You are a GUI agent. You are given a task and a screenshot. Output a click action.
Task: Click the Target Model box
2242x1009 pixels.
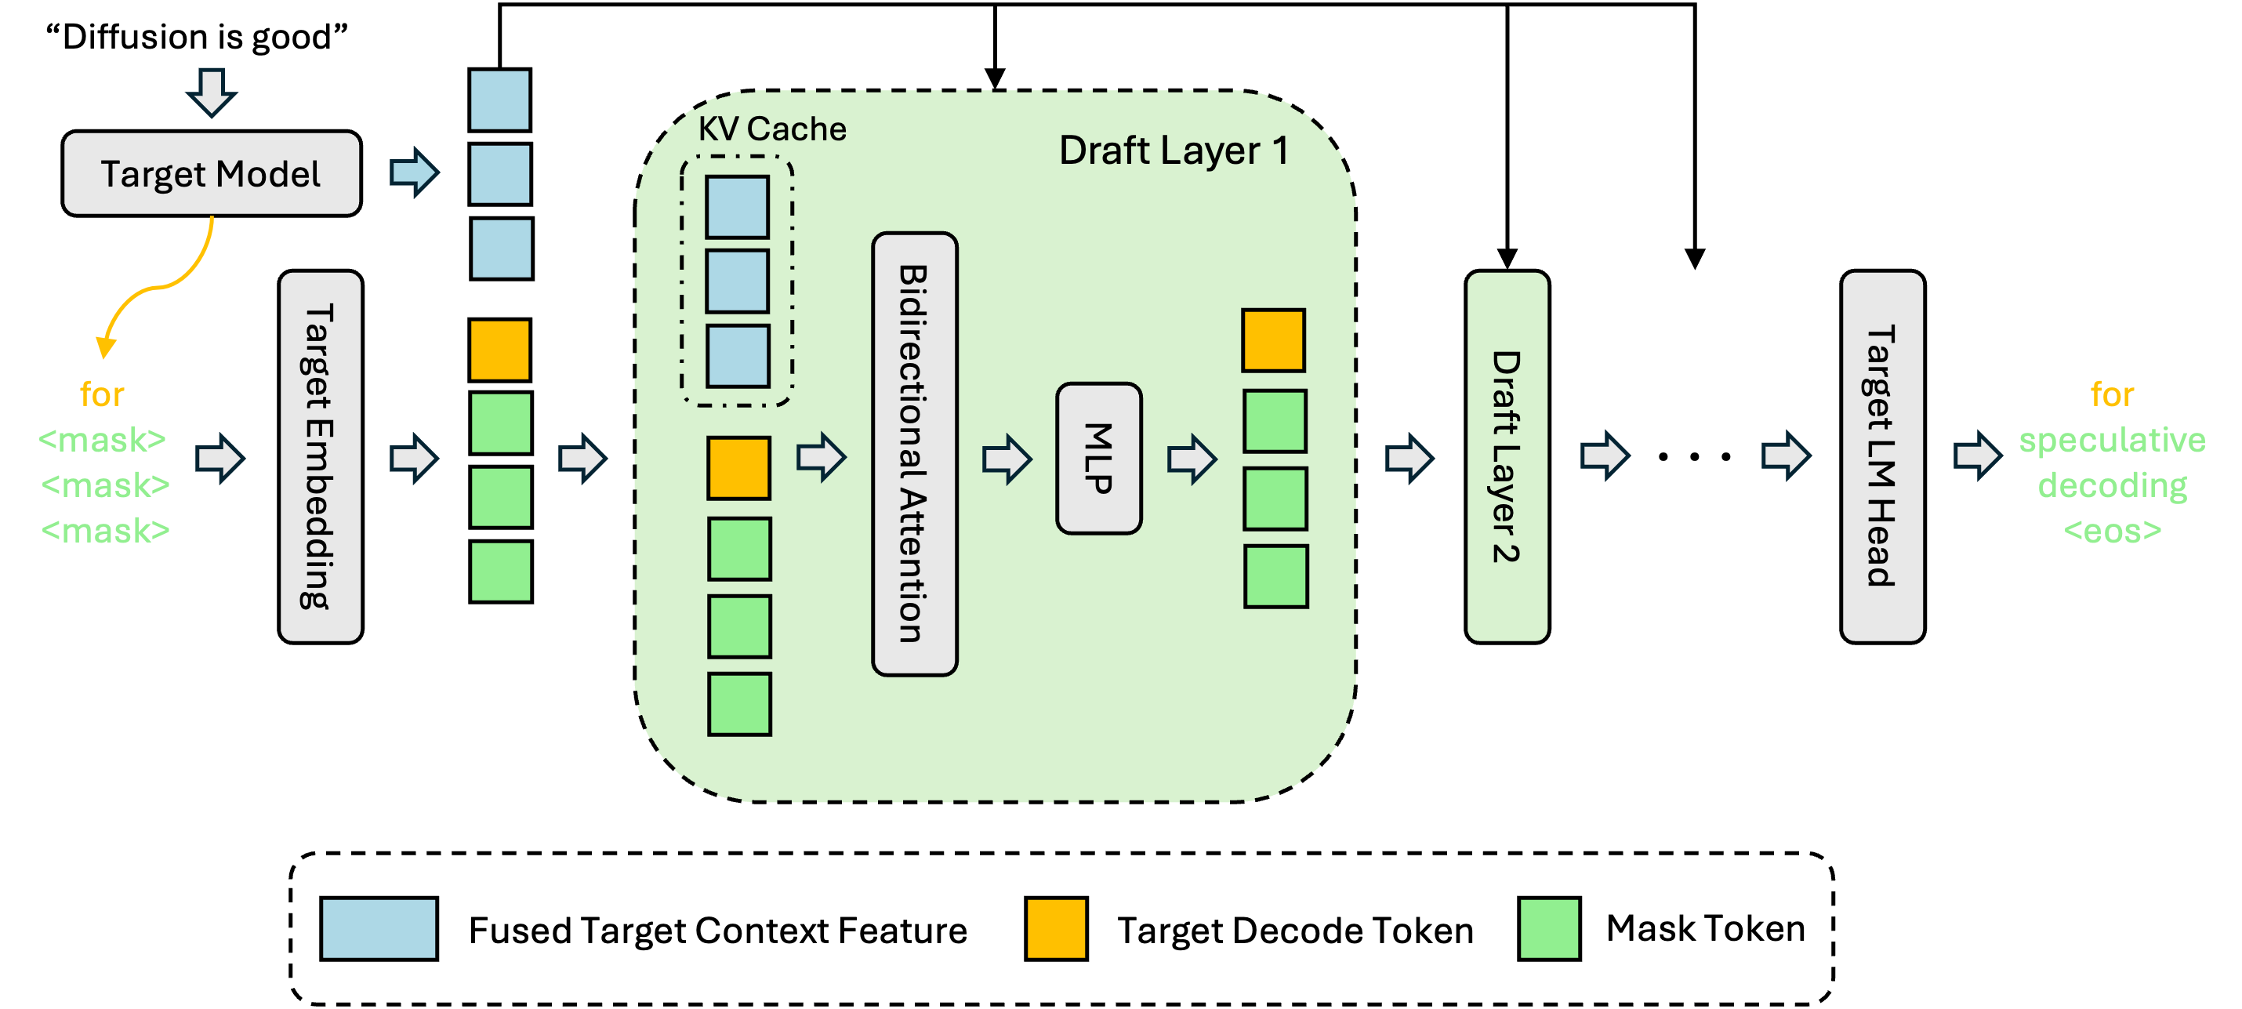pyautogui.click(x=212, y=173)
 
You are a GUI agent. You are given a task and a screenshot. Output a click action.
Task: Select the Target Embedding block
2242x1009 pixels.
pyautogui.click(x=321, y=457)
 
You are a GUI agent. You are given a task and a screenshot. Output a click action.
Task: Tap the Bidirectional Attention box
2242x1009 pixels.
pyautogui.click(x=914, y=454)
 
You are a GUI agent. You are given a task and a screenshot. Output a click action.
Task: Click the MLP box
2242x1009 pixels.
pyautogui.click(x=1098, y=458)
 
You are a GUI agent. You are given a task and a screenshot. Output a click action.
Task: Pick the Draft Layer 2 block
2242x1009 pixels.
pyautogui.click(x=1507, y=457)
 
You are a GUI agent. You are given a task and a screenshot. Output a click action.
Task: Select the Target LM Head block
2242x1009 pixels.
pyautogui.click(x=1881, y=457)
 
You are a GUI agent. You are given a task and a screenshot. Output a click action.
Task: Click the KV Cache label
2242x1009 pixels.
pyautogui.click(x=772, y=129)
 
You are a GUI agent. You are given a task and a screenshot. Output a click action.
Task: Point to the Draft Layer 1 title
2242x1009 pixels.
pyautogui.click(x=1173, y=151)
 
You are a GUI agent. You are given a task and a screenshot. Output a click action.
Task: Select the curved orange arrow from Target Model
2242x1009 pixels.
pyautogui.click(x=165, y=283)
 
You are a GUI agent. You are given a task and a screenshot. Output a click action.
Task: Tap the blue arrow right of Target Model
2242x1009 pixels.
pyautogui.click(x=413, y=172)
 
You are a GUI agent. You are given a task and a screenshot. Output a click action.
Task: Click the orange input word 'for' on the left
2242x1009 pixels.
pyautogui.click(x=102, y=395)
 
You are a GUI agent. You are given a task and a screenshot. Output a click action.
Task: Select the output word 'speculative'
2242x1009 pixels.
pyautogui.click(x=2113, y=440)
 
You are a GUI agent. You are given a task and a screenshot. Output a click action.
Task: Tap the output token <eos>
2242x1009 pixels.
pyautogui.click(x=2113, y=530)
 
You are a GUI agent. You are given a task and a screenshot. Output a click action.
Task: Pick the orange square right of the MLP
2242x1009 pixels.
pyautogui.click(x=1273, y=340)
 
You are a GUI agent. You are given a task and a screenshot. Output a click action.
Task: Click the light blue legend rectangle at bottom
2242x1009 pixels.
pyautogui.click(x=379, y=929)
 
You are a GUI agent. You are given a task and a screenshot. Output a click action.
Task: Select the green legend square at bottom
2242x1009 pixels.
pyautogui.click(x=1548, y=929)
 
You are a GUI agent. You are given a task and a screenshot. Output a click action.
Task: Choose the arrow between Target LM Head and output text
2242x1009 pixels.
pyautogui.click(x=1976, y=456)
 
